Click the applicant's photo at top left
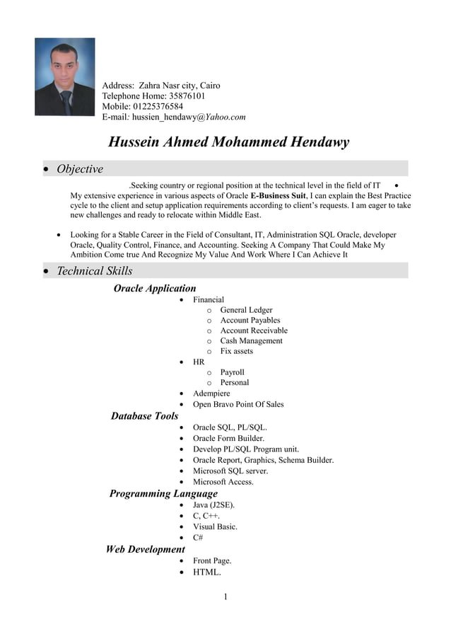point(64,76)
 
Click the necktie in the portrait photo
point(66,102)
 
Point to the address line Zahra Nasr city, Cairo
point(180,86)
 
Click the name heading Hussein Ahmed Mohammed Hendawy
point(228,142)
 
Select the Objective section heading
point(79,169)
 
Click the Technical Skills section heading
point(94,271)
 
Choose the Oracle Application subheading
point(155,288)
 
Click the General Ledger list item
point(246,310)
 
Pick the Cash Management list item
point(251,340)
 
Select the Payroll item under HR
point(232,372)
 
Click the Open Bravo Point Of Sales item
point(238,404)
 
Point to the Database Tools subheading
point(144,415)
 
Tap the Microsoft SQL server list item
point(230,471)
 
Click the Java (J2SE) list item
point(214,505)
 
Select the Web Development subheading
point(145,549)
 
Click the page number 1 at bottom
point(225,597)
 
